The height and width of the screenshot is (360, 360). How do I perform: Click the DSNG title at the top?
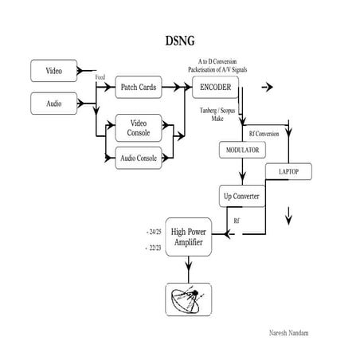coord(180,40)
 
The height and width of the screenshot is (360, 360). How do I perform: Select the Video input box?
coord(53,72)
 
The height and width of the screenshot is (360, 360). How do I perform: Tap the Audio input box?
coord(53,103)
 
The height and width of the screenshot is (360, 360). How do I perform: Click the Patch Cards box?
coord(139,86)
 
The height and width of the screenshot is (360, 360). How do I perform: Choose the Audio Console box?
coord(139,157)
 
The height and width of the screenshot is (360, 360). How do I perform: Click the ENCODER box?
coord(215,86)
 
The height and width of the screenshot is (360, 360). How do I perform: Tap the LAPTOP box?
coord(288,171)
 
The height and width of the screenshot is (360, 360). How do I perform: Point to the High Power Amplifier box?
coord(188,237)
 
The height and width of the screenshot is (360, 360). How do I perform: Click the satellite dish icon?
coord(188,299)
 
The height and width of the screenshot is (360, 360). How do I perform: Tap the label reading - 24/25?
coord(154,230)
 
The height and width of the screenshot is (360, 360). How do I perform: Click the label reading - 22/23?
coord(154,248)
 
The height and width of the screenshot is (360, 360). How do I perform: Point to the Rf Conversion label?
coord(264,133)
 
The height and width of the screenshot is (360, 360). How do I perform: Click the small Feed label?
coord(100,78)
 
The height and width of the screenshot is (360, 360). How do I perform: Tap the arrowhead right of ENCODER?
coord(267,86)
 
